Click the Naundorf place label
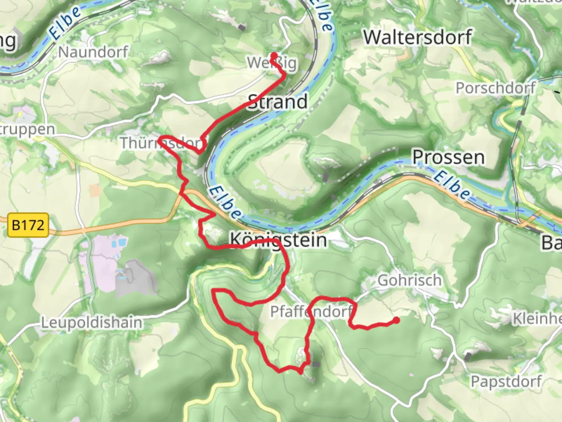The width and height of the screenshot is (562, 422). click(x=93, y=52)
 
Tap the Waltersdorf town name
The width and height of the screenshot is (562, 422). click(x=418, y=38)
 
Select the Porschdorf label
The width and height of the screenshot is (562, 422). click(x=495, y=88)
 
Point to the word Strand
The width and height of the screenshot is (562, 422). click(x=278, y=102)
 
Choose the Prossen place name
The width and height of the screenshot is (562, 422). click(x=448, y=157)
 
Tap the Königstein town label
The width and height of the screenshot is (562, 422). click(x=278, y=240)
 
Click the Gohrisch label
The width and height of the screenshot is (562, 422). click(x=409, y=280)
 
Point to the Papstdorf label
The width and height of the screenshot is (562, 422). click(x=506, y=381)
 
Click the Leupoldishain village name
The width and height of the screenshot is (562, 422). click(x=92, y=323)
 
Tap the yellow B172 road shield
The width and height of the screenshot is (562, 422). click(x=28, y=225)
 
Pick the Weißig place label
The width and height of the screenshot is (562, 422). click(x=272, y=63)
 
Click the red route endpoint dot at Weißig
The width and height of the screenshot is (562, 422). click(x=274, y=55)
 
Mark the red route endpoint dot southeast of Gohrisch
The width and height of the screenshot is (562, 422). click(x=396, y=320)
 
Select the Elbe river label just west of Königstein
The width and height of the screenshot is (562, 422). click(x=224, y=203)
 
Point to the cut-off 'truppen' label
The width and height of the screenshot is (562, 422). click(x=27, y=129)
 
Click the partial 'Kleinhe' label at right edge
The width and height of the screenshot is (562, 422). click(x=537, y=319)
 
